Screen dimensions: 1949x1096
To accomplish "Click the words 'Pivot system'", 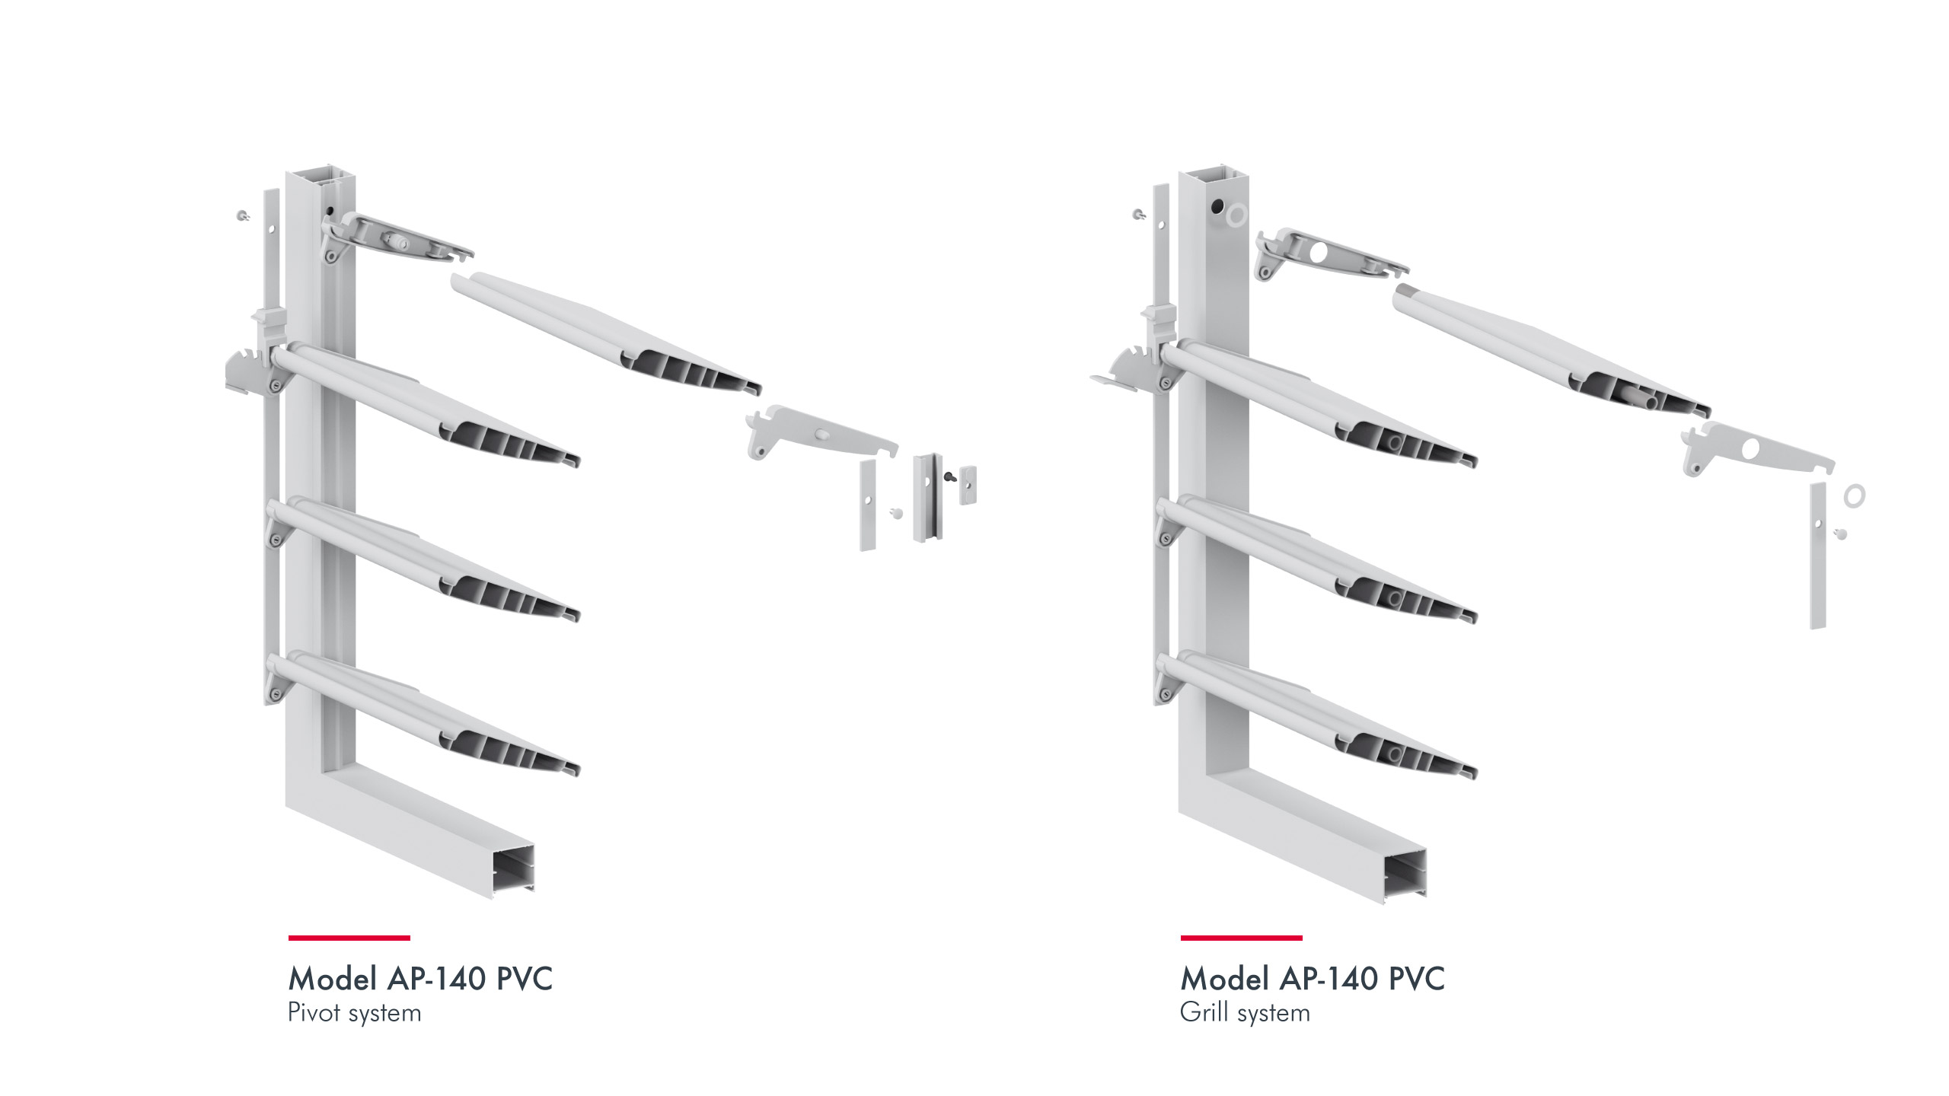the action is click(354, 1013).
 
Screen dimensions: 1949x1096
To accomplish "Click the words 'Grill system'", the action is click(1245, 1013).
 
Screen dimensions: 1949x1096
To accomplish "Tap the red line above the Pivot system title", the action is click(349, 938).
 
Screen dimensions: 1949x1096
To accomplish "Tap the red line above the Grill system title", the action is click(1241, 938).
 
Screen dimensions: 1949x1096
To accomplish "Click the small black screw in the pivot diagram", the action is click(949, 477).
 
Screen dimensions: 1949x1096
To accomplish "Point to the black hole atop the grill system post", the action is click(1216, 207).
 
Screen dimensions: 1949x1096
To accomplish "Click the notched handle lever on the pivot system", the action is click(247, 372).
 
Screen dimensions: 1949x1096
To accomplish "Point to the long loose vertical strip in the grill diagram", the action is click(1818, 556).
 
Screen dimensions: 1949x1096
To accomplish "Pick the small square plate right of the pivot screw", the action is click(968, 485).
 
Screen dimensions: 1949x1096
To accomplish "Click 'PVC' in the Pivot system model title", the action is click(525, 978).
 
